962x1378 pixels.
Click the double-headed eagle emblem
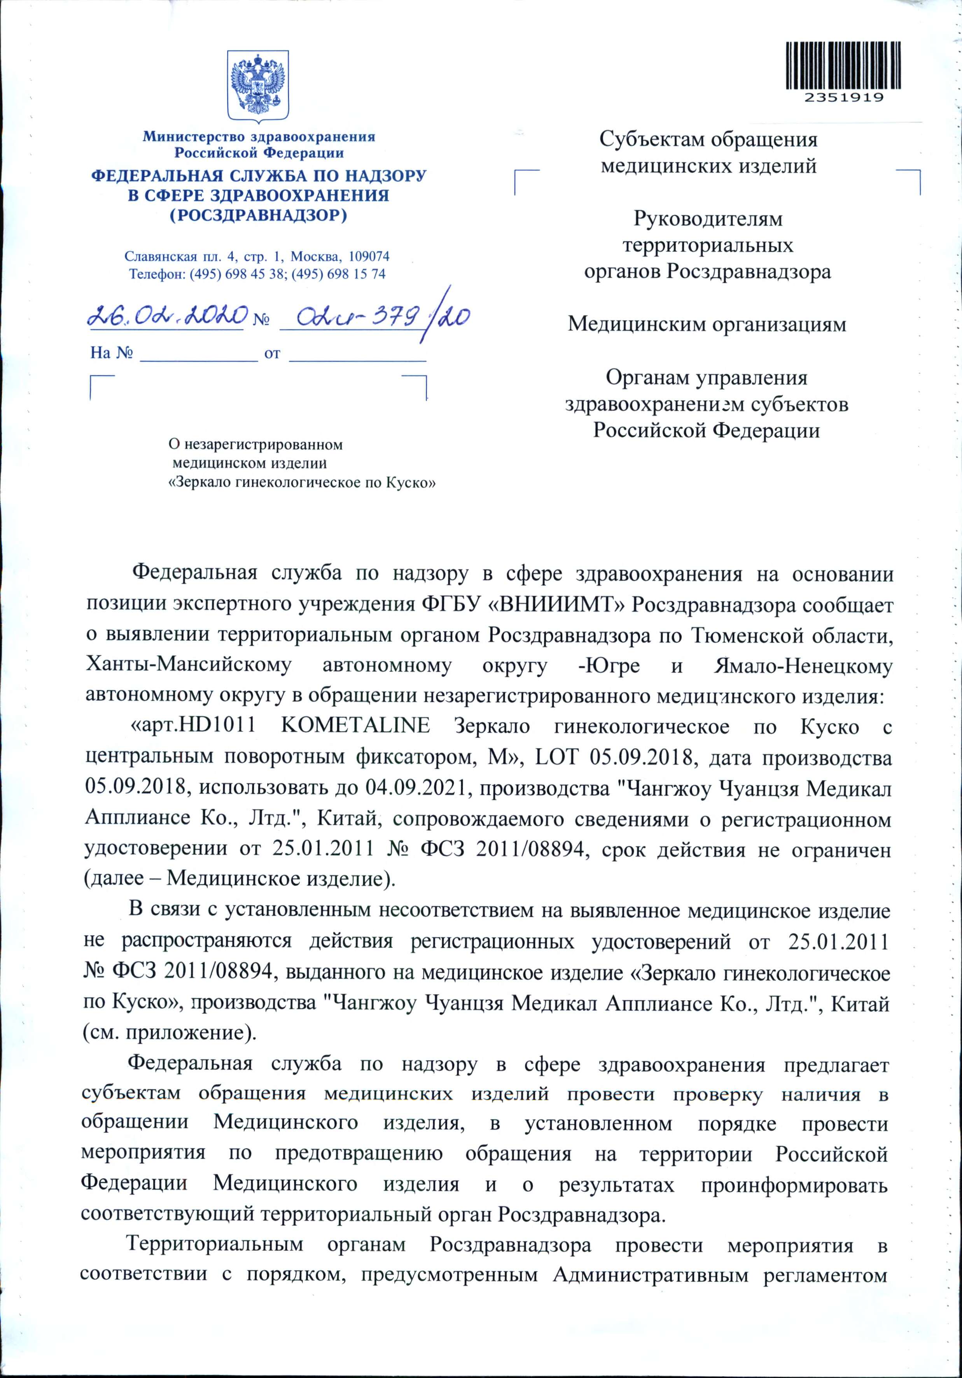tap(259, 87)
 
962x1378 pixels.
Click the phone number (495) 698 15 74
tap(348, 274)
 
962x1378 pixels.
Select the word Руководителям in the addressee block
tap(708, 220)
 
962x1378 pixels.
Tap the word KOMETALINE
tap(355, 726)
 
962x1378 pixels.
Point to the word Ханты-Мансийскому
tap(190, 666)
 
